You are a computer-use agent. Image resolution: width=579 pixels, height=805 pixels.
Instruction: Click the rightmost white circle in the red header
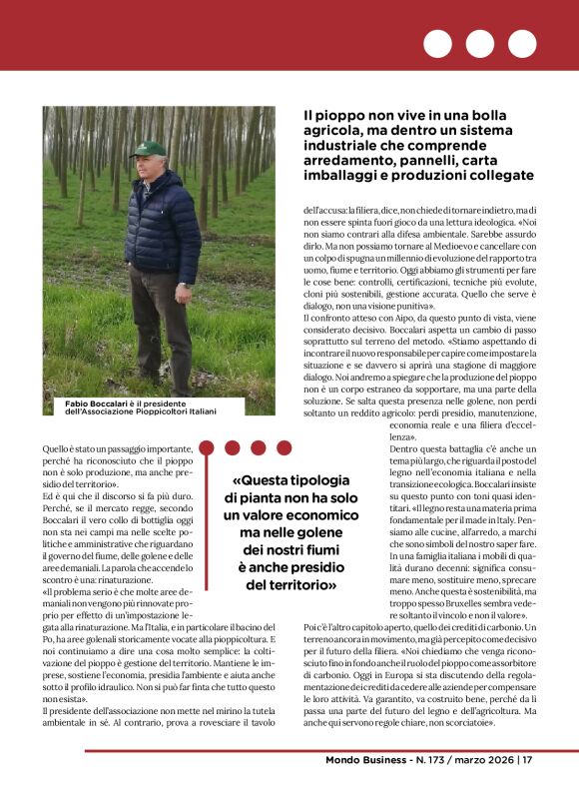522,44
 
